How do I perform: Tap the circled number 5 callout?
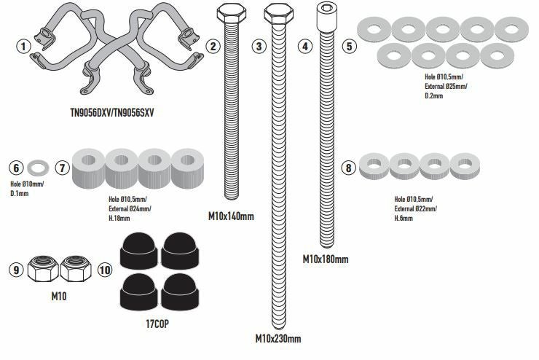350,45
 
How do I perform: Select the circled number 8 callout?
349,168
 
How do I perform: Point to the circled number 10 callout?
105,270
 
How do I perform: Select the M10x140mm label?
232,216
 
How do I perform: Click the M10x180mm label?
326,259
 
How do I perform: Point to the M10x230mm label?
278,338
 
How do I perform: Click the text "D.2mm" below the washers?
434,95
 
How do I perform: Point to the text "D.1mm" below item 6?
19,193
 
